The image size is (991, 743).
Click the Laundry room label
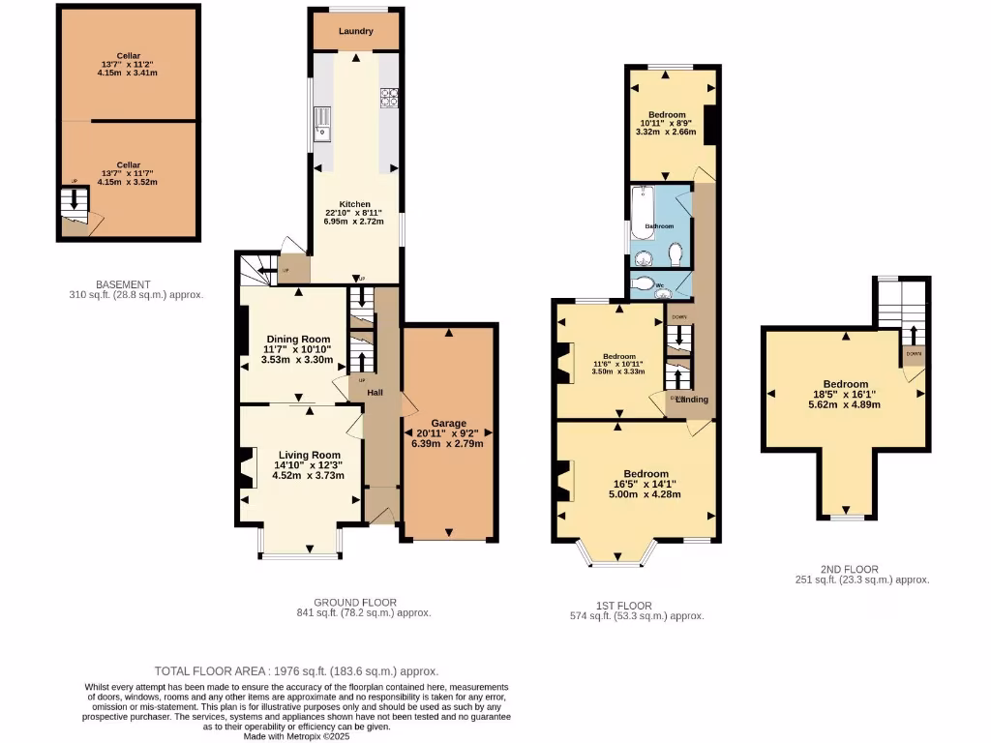point(356,31)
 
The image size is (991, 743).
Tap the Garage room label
point(449,423)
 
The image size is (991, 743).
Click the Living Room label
point(309,455)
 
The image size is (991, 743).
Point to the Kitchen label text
point(354,204)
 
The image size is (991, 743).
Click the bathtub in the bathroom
point(644,205)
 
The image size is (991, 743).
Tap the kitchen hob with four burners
point(390,96)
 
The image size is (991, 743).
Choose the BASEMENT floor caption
point(122,284)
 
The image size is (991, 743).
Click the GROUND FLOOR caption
point(355,602)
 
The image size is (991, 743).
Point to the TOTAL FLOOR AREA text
point(296,671)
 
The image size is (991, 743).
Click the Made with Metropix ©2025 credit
point(296,736)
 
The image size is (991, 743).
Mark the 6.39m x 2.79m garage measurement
point(449,443)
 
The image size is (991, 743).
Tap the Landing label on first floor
point(692,400)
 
